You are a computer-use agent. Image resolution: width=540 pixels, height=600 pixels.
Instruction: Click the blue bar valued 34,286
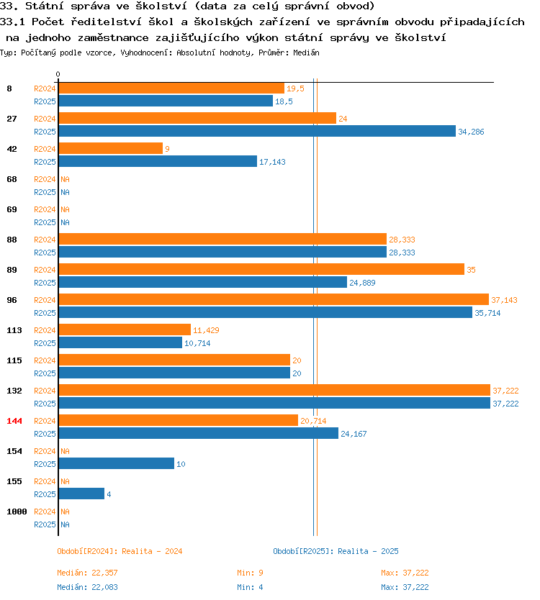(x=257, y=131)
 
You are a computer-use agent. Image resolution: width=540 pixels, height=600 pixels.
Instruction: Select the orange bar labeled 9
(x=111, y=148)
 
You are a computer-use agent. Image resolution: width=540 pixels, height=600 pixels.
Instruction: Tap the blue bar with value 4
(x=81, y=494)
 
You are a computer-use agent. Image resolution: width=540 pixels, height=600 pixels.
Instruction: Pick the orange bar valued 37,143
(x=274, y=299)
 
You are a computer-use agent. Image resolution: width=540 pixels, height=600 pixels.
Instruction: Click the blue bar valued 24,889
(x=202, y=283)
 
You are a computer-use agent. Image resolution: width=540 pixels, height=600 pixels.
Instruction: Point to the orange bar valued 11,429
(x=125, y=329)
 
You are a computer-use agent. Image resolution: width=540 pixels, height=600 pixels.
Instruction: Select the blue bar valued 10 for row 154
(x=117, y=463)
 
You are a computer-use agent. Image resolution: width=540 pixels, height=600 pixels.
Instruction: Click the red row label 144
(x=14, y=421)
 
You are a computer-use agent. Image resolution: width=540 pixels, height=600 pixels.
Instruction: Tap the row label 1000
(x=17, y=512)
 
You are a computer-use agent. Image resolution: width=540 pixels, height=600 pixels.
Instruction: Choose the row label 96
(x=12, y=300)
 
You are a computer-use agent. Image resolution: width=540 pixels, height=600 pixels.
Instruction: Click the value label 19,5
(x=295, y=88)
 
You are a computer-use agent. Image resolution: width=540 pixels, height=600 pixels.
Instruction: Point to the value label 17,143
(x=272, y=163)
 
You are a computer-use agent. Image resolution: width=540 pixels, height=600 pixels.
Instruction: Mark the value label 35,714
(x=487, y=314)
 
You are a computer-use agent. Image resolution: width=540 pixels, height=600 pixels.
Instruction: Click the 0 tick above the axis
(x=58, y=74)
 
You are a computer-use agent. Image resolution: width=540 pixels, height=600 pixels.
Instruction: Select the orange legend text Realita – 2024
(x=152, y=551)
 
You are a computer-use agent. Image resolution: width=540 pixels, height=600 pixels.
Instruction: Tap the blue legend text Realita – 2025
(x=368, y=551)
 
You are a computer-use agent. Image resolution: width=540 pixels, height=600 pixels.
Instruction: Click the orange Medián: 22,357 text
(x=87, y=573)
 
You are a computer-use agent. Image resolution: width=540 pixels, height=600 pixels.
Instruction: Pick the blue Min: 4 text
(x=250, y=587)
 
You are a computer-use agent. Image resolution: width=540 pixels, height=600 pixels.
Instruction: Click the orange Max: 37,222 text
(x=405, y=573)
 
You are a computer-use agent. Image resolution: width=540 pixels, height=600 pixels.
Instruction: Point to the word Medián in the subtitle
(x=306, y=53)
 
